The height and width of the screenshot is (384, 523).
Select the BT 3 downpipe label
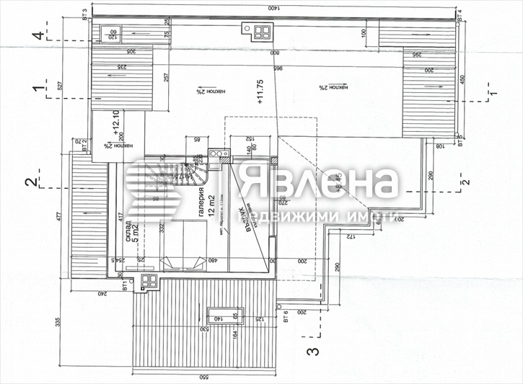(x=86, y=14)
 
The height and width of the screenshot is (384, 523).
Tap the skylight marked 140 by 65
(x=219, y=315)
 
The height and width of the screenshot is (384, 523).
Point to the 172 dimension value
(x=348, y=236)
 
